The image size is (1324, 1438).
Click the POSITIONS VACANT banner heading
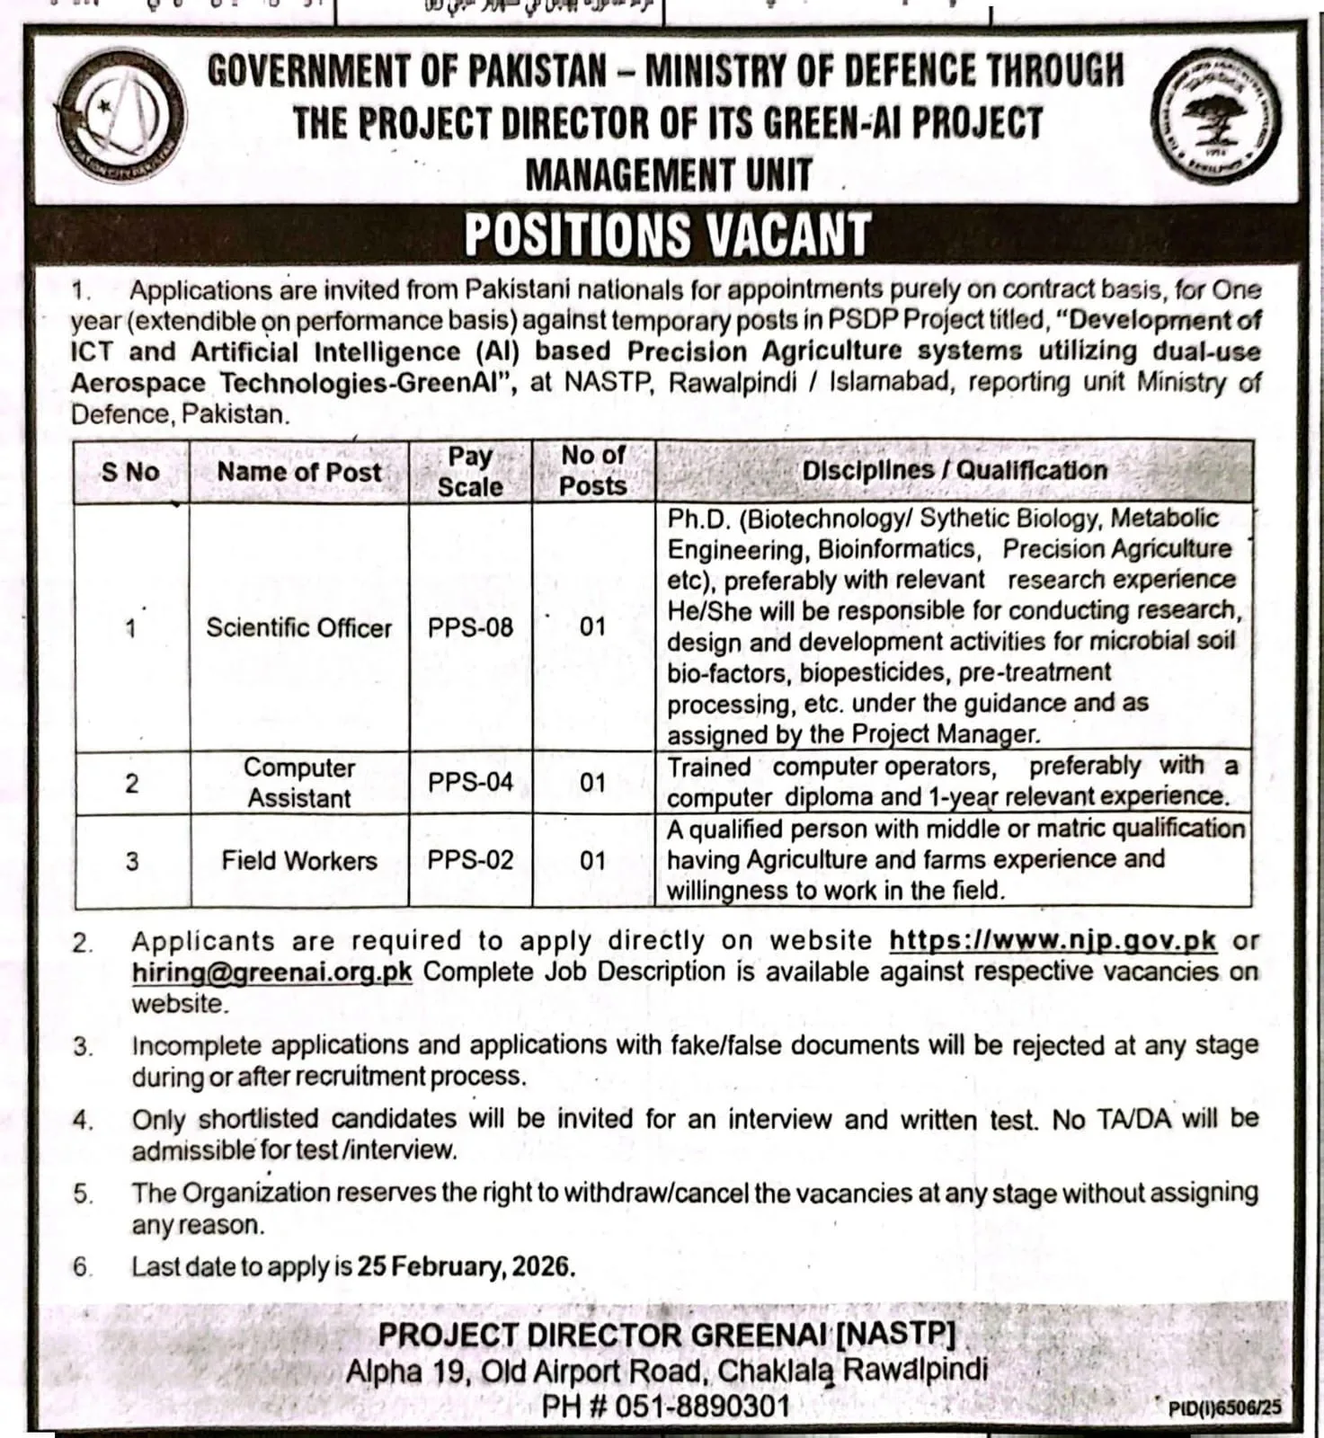(667, 235)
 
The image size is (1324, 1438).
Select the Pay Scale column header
(469, 471)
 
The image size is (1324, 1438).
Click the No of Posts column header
(592, 470)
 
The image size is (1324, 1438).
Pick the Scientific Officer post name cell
(298, 627)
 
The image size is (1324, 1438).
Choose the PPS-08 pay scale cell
(470, 627)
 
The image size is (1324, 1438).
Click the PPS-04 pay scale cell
(470, 783)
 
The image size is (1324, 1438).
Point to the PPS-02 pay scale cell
(470, 860)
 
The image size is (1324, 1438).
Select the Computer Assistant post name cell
(298, 783)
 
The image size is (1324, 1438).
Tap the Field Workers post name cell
(298, 861)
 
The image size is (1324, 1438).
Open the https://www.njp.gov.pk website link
(1053, 941)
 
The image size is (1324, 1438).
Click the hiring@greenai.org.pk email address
(271, 972)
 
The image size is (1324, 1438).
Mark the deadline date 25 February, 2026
(466, 1266)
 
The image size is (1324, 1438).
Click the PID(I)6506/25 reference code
(1224, 1408)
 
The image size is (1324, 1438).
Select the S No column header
(130, 472)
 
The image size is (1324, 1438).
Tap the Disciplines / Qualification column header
(955, 471)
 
